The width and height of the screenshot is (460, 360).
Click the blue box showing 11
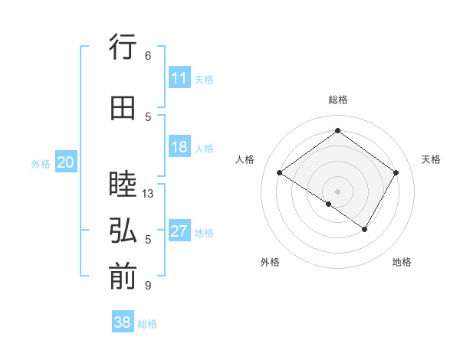[x=179, y=78]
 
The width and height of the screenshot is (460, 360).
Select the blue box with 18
[x=179, y=147]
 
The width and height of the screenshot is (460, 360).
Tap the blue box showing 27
[x=179, y=231]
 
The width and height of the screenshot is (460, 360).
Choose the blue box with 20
[x=66, y=162]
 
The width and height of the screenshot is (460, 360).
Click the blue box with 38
[x=123, y=322]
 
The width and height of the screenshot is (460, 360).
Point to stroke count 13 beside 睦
[x=148, y=194]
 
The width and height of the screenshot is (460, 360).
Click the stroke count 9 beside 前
[x=147, y=286]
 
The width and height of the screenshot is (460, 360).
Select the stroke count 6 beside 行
[x=147, y=56]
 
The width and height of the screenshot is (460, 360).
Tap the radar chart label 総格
[x=337, y=100]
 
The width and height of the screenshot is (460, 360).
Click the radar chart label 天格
[x=431, y=159]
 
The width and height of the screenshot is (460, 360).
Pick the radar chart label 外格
[x=270, y=262]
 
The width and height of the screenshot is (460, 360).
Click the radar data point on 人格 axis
[x=280, y=173]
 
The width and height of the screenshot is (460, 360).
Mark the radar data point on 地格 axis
[x=365, y=229]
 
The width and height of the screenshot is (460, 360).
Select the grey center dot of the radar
[x=337, y=191]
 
